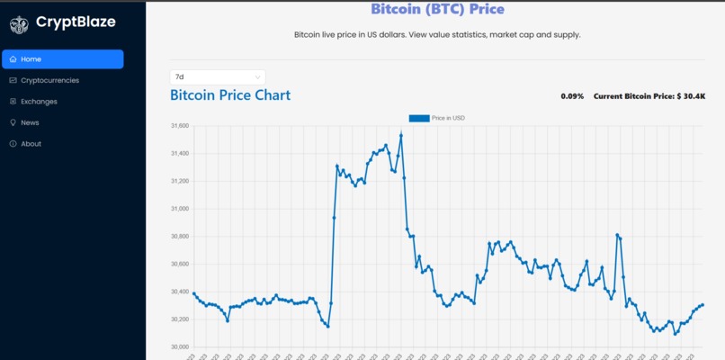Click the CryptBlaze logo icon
click(x=19, y=24)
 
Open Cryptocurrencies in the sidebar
click(x=49, y=80)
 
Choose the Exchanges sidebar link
click(x=39, y=102)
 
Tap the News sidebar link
click(x=30, y=122)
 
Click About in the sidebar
click(x=31, y=144)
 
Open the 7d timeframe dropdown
click(x=218, y=77)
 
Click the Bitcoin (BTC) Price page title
click(x=437, y=9)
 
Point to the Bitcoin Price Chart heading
click(x=230, y=95)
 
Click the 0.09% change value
click(x=572, y=96)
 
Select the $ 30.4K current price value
click(x=691, y=96)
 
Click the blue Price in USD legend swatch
click(x=419, y=118)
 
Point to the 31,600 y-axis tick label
click(x=180, y=126)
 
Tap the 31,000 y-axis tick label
click(x=180, y=209)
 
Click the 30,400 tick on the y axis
click(x=180, y=292)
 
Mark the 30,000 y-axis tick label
click(x=180, y=346)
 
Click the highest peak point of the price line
click(x=401, y=135)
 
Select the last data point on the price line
click(x=702, y=305)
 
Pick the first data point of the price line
click(x=194, y=293)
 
